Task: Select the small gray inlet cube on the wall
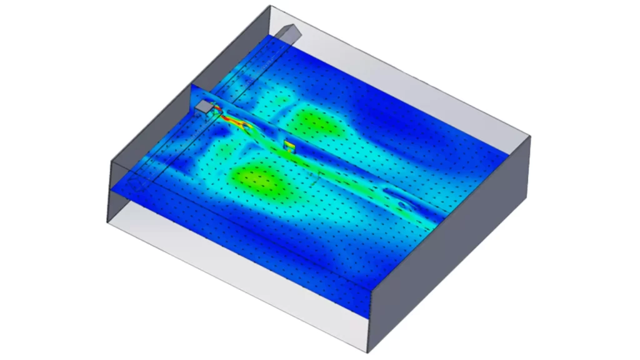pos(204,108)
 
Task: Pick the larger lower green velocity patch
pos(259,179)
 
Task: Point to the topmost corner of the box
pos(271,6)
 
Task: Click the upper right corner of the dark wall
pos(530,136)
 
